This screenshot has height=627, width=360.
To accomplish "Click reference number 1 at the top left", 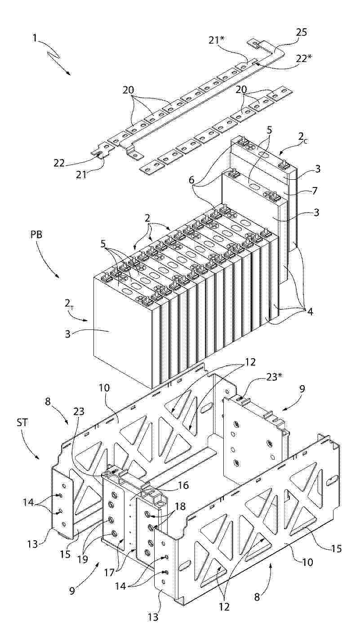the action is coord(35,38).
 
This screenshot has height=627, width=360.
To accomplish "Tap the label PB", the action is coord(37,234).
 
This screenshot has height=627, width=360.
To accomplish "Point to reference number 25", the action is coord(301,32).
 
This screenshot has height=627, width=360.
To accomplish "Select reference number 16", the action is coord(184,485).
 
